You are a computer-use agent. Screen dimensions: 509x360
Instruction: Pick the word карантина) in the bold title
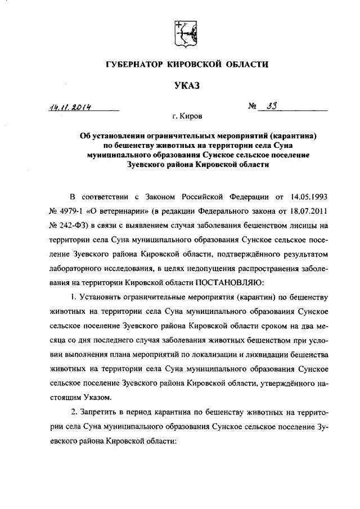pos(296,136)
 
